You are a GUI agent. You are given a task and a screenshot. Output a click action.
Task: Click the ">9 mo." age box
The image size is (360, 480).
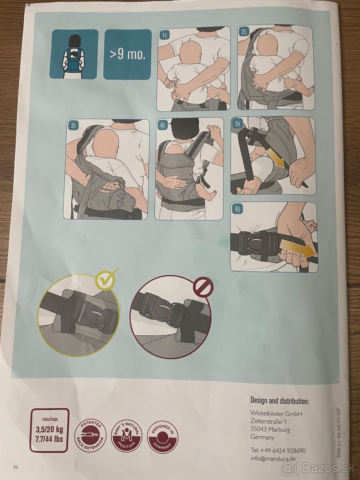point(127,54)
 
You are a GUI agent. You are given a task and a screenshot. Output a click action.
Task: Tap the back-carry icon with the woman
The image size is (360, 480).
point(74,54)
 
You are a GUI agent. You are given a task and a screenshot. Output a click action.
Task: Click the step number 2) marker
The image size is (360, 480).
point(244,32)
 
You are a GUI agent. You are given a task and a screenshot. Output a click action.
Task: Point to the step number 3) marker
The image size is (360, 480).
point(73,126)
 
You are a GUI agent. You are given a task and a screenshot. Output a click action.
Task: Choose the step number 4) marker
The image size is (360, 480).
point(162,125)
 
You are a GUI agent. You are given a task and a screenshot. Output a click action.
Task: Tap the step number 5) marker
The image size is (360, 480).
point(237,124)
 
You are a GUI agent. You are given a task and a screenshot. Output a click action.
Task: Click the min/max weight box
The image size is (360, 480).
point(49,430)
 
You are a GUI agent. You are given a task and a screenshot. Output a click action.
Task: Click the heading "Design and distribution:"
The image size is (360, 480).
point(280,400)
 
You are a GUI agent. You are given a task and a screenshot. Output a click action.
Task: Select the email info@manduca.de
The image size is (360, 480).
point(273,458)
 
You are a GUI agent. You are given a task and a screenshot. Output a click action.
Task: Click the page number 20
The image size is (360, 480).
point(16,466)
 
